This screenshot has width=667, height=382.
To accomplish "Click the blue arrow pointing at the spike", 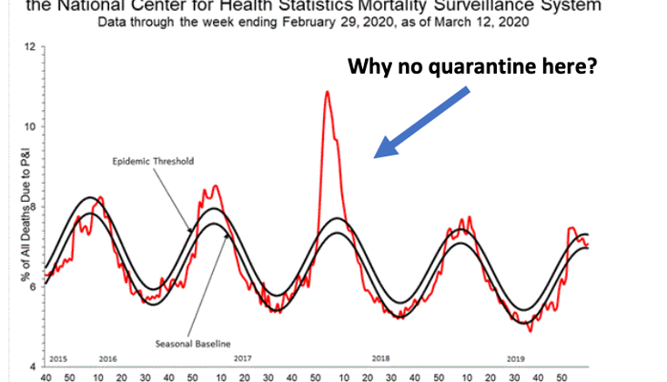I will (424, 122).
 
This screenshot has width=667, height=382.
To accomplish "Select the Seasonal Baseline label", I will (193, 342).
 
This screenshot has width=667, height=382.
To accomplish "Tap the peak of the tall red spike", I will (326, 92).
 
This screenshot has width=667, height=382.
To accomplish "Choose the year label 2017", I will (242, 358).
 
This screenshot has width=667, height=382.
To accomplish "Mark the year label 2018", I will (380, 358).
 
